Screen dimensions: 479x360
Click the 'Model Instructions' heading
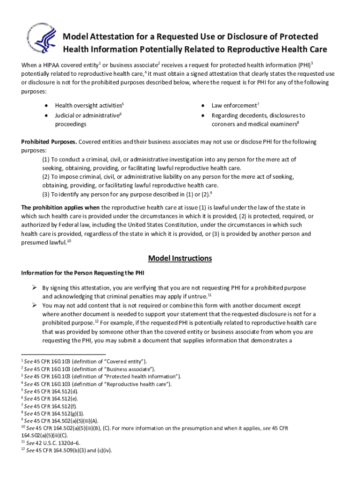pos(180,258)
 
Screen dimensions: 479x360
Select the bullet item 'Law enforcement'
pos(234,106)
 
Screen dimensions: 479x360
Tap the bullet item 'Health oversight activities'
pos(88,106)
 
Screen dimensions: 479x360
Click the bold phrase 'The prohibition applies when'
pos(60,207)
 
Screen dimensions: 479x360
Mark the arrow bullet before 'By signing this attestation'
pos(35,288)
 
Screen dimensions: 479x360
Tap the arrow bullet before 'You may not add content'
pos(35,305)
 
